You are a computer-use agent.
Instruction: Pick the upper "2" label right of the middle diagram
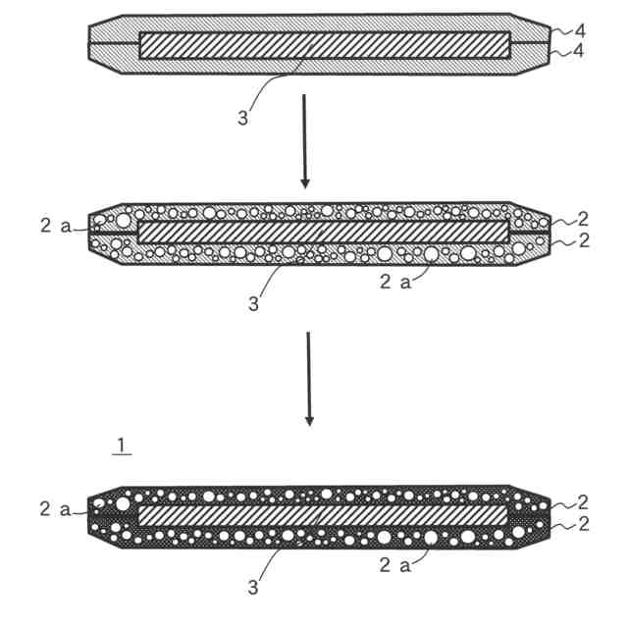click(583, 218)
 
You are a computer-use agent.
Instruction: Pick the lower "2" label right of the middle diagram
click(583, 240)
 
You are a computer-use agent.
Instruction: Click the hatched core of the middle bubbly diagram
click(325, 231)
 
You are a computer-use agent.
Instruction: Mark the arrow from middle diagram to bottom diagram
click(309, 379)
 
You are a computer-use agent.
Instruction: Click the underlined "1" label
click(120, 446)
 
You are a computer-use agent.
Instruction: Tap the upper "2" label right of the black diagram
click(583, 502)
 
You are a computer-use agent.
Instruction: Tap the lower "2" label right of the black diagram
click(583, 524)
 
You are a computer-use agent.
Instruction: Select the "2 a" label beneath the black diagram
click(399, 564)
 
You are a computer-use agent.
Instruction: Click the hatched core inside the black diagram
click(325, 514)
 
